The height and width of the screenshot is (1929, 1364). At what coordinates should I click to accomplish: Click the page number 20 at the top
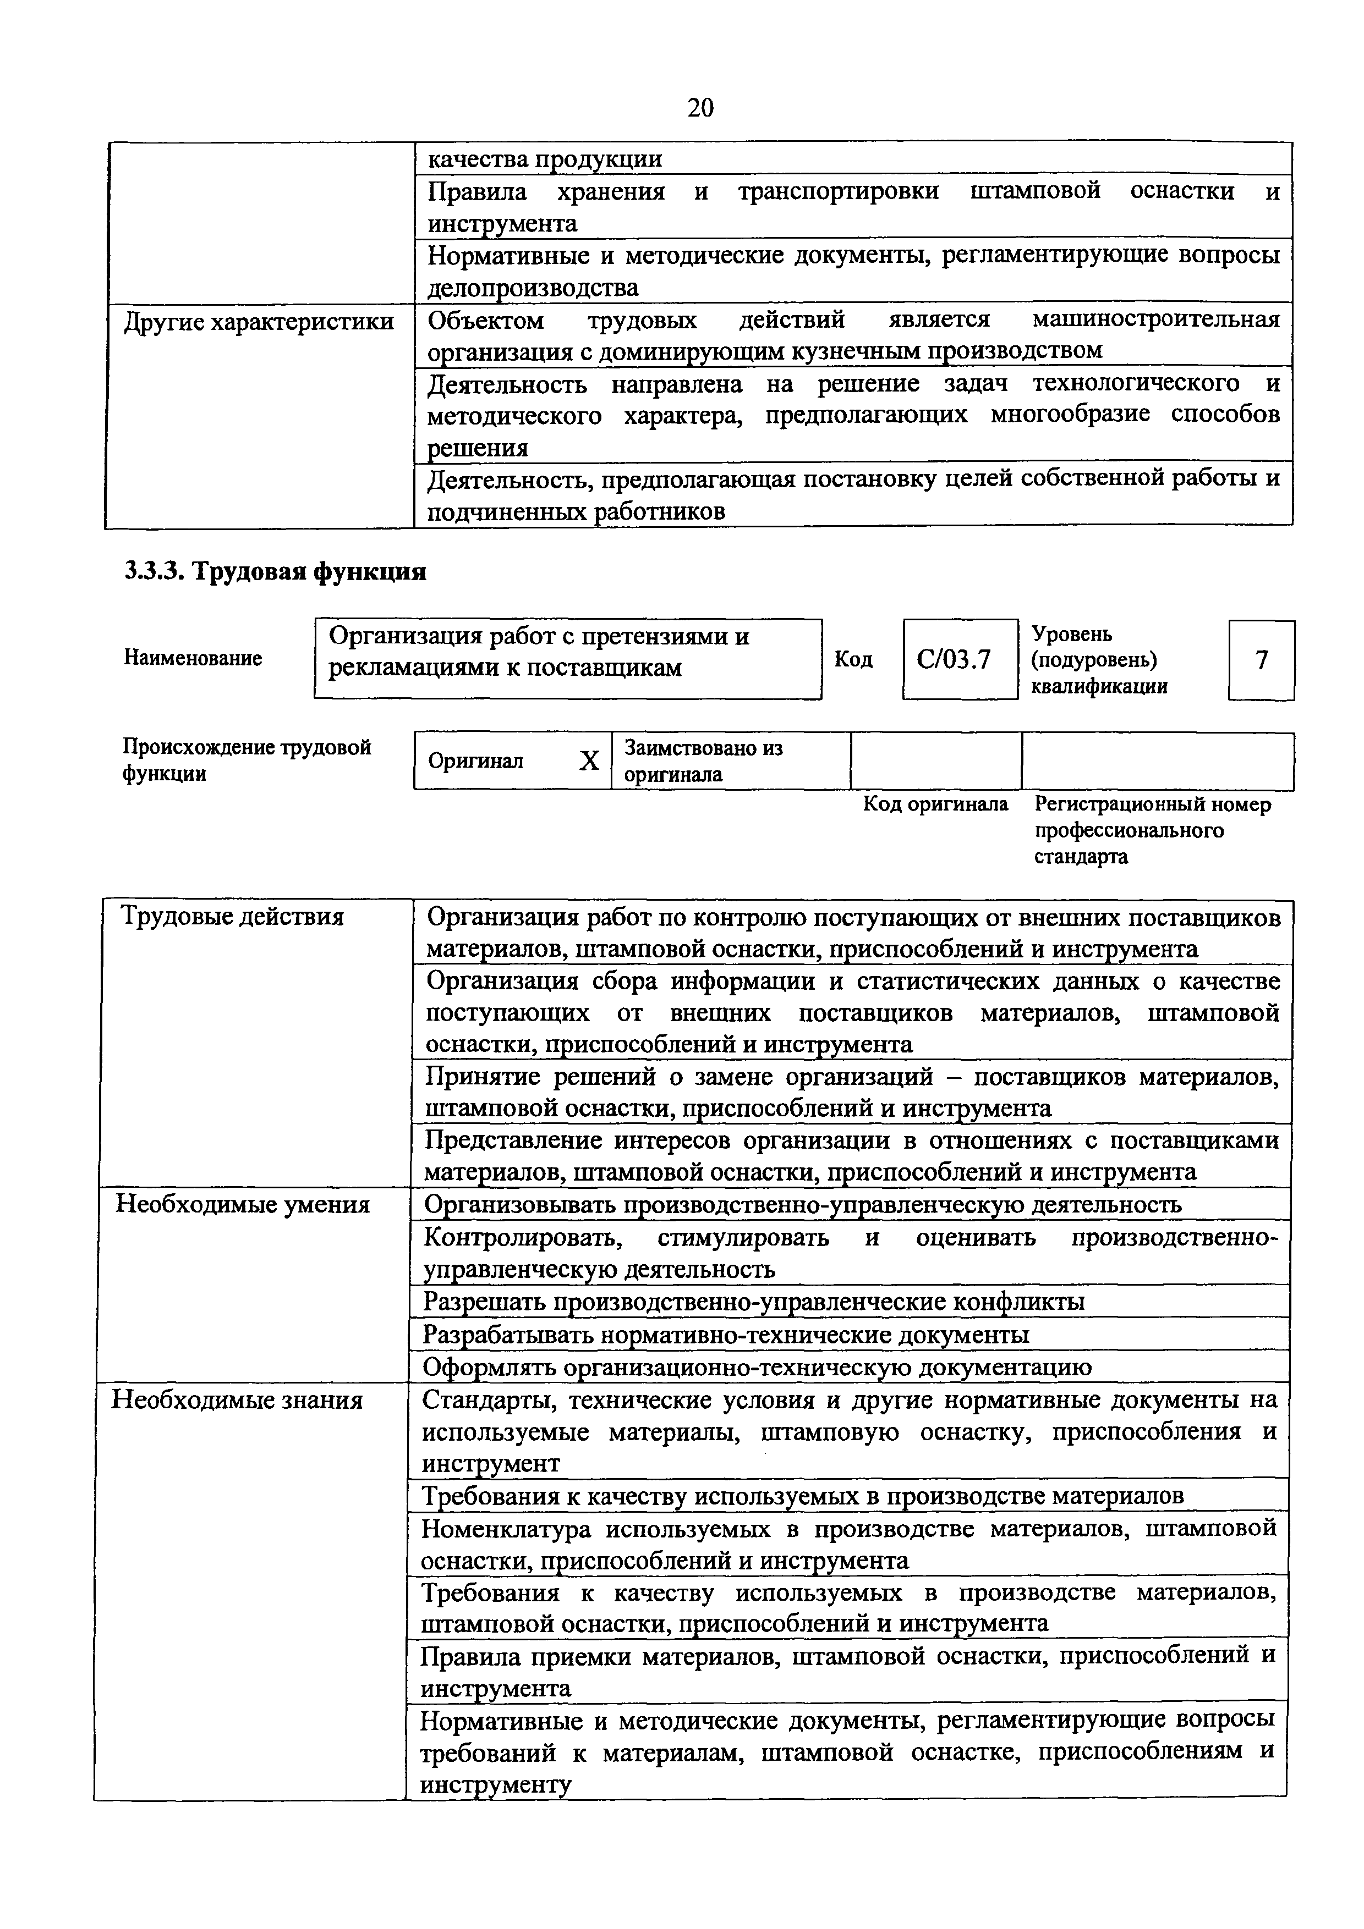coord(700,108)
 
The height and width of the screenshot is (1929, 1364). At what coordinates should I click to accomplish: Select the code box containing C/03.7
coord(959,659)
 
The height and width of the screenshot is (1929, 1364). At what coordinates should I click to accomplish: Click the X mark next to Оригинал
coord(589,761)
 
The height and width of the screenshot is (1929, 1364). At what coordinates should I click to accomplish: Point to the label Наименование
coord(193,658)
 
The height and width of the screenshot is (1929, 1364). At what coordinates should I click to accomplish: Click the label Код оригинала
coord(935,804)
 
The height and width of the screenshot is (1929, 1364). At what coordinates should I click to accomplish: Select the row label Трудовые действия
coord(233,917)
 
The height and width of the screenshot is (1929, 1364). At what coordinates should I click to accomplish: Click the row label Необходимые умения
coord(243,1205)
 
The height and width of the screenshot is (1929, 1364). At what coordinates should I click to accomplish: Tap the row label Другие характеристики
coord(259,322)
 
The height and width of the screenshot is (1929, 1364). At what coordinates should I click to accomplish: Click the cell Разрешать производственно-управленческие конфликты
coord(753,1302)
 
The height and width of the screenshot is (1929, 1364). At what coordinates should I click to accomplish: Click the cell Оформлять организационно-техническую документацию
coord(757,1367)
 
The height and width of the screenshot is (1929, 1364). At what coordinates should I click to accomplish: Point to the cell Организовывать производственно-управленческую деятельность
coord(803,1205)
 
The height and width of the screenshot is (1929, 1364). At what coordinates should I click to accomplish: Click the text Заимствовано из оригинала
coord(703,760)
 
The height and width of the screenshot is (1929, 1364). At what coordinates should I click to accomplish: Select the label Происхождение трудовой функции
coord(247,760)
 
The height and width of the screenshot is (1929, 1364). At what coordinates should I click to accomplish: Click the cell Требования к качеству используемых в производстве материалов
coord(802,1496)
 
